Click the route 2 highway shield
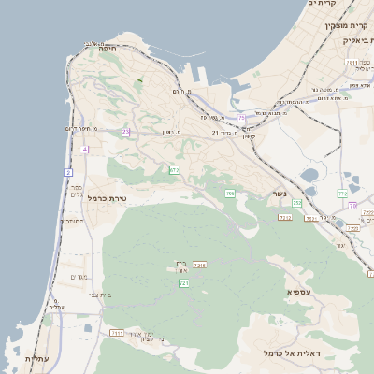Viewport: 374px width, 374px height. click(68, 173)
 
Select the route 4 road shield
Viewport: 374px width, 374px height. click(85, 150)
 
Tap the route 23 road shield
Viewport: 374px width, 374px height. click(126, 132)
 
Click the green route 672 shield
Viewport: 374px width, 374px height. click(174, 170)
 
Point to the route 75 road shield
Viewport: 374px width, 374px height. click(242, 118)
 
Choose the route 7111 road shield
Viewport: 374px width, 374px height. click(117, 332)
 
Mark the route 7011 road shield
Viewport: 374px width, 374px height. click(352, 63)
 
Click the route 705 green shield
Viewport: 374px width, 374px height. click(230, 194)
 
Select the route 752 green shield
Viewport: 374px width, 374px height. click(296, 203)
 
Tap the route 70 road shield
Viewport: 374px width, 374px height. click(352, 205)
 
